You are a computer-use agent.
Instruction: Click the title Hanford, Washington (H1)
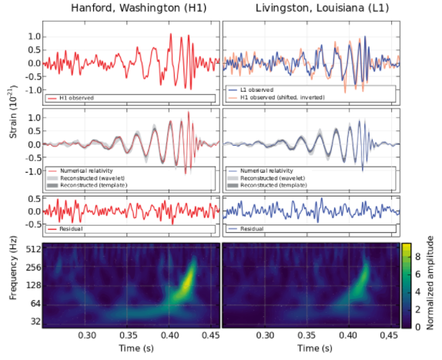coord(131,8)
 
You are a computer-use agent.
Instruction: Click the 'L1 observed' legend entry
coord(253,90)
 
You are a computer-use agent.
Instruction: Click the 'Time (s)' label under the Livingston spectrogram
coord(310,349)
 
